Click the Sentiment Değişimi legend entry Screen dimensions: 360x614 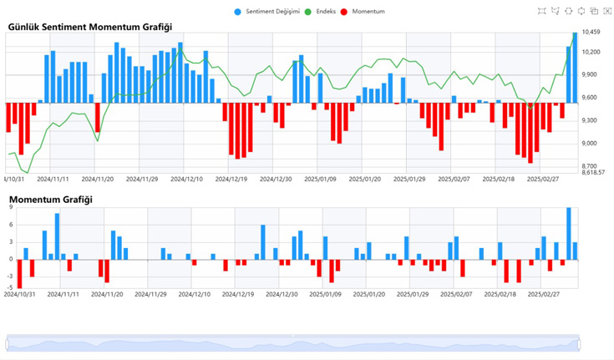271,13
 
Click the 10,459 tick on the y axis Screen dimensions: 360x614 591,33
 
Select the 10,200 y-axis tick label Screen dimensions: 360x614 591,53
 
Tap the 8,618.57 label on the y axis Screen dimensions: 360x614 594,172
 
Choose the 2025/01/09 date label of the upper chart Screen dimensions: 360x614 320,179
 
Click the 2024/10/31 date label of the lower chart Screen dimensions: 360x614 19,294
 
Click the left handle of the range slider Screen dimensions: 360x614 7,342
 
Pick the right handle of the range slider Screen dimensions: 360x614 579,342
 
